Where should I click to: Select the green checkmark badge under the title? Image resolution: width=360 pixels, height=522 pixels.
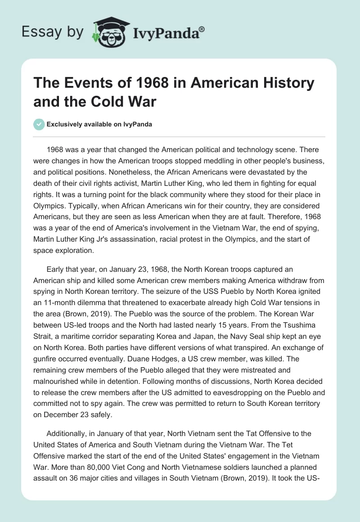pos(39,124)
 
